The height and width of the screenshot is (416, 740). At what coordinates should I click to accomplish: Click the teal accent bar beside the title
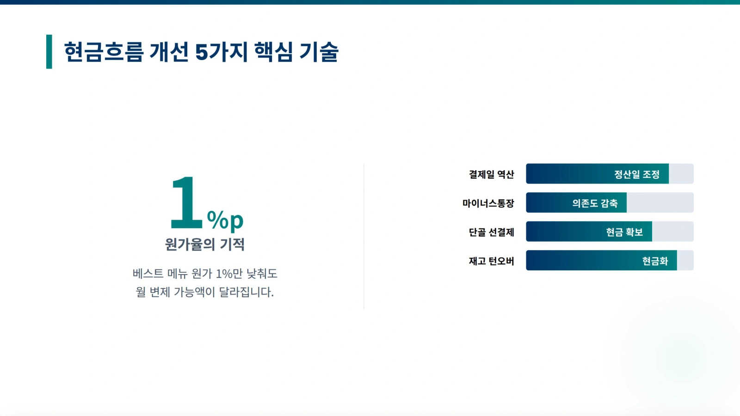tap(49, 51)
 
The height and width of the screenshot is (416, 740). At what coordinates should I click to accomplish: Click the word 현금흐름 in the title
tap(104, 52)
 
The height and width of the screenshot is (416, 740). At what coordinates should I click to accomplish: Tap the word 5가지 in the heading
tap(222, 52)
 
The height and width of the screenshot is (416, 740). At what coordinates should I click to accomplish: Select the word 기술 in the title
tap(319, 52)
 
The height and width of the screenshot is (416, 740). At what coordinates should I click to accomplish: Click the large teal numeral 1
tap(186, 202)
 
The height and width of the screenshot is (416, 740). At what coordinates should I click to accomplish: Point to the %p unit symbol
tap(225, 220)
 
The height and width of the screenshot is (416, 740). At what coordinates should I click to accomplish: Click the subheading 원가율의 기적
tap(205, 245)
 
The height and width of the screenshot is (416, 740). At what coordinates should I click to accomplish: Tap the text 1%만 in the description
tap(229, 273)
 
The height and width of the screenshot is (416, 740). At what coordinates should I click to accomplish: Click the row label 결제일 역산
tap(491, 174)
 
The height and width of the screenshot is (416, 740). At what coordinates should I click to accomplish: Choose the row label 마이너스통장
tap(488, 203)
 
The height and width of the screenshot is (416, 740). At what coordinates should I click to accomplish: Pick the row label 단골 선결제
tap(491, 232)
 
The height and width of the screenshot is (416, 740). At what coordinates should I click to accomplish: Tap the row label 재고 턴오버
tap(491, 261)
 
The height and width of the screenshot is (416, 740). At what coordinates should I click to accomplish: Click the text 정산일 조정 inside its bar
tap(636, 174)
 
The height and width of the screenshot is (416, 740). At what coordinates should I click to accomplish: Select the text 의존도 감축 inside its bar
tap(595, 203)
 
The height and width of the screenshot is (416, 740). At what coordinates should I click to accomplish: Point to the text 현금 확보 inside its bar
tap(624, 232)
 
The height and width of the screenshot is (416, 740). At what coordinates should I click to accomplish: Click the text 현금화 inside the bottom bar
tap(655, 261)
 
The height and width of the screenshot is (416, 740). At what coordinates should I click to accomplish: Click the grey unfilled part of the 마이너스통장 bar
tap(660, 202)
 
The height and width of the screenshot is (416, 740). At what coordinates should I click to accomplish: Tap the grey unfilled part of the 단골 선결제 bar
tap(673, 232)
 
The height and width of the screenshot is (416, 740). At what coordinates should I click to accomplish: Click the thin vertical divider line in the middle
tap(364, 236)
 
